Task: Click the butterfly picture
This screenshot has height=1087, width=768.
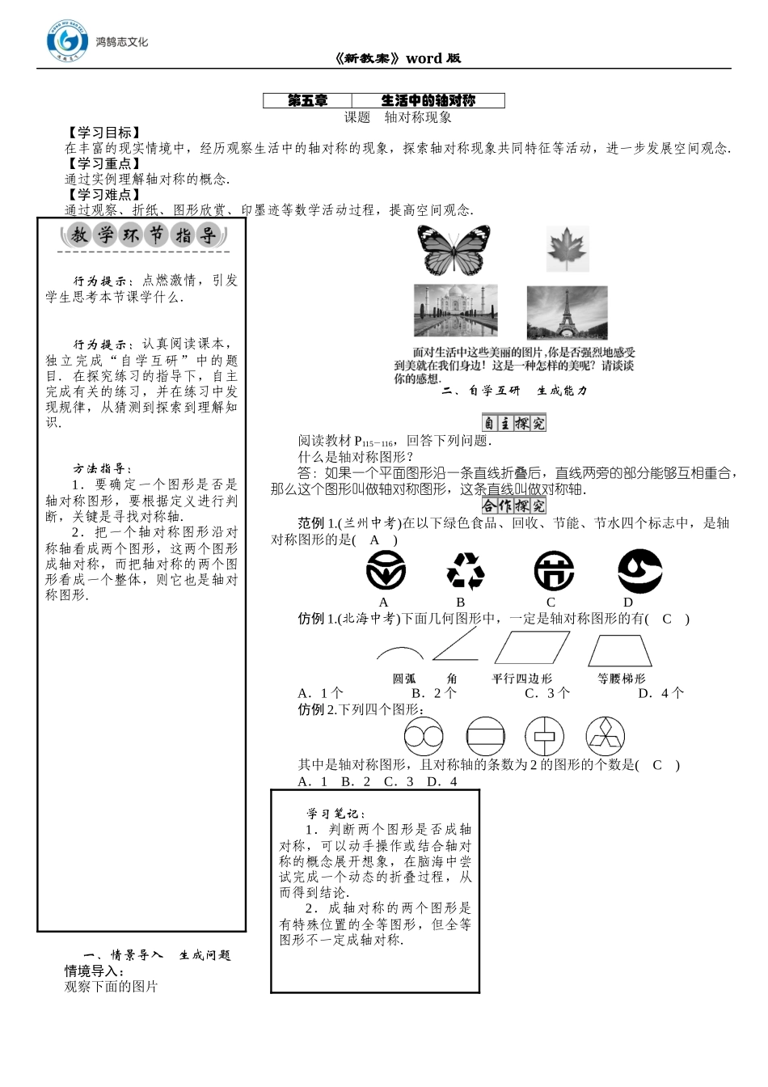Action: pyautogui.click(x=454, y=250)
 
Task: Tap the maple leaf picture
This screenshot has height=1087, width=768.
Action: pyautogui.click(x=568, y=248)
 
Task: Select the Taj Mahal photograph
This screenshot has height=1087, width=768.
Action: pyautogui.click(x=455, y=310)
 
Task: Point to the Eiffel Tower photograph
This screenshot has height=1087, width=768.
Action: pyautogui.click(x=567, y=312)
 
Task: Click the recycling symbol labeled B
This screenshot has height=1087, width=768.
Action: pyautogui.click(x=465, y=572)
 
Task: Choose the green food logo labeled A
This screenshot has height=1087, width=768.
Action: pyautogui.click(x=386, y=572)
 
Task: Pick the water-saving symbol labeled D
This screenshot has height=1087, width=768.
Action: pyautogui.click(x=639, y=571)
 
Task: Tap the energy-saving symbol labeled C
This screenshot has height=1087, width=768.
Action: pyautogui.click(x=554, y=572)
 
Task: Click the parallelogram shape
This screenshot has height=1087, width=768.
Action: pyautogui.click(x=531, y=649)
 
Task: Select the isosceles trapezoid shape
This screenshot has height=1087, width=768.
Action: pyautogui.click(x=620, y=650)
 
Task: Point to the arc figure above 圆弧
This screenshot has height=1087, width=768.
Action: pyautogui.click(x=399, y=653)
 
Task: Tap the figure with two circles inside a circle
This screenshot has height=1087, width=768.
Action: pyautogui.click(x=424, y=737)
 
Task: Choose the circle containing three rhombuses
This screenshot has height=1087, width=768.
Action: pyautogui.click(x=606, y=737)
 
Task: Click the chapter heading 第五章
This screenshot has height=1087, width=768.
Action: pyautogui.click(x=308, y=101)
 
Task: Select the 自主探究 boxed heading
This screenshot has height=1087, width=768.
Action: pyautogui.click(x=513, y=422)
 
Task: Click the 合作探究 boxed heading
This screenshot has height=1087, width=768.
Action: pyautogui.click(x=513, y=505)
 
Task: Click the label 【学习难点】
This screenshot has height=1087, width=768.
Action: pyautogui.click(x=103, y=195)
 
